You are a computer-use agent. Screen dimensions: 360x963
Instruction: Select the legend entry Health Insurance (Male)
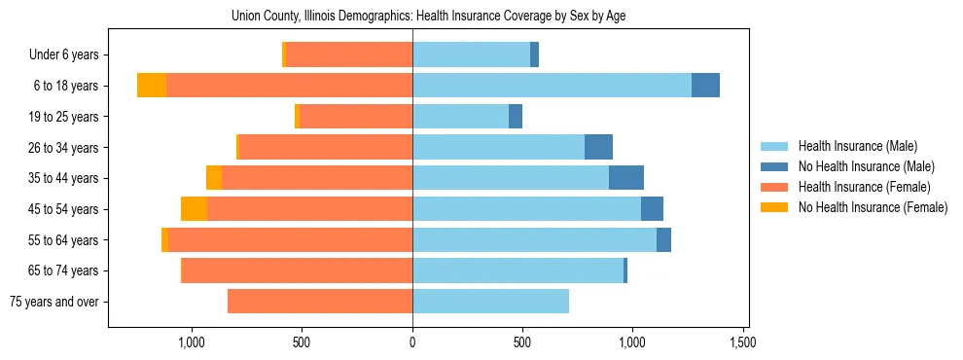[857, 146]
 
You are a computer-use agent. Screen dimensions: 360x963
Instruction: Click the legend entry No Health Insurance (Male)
[866, 166]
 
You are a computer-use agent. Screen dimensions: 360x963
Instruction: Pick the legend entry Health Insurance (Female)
[864, 187]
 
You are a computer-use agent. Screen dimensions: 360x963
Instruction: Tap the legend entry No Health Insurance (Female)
[873, 207]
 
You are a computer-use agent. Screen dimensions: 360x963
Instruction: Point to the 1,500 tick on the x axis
[743, 342]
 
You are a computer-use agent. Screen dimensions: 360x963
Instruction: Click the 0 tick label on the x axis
[412, 342]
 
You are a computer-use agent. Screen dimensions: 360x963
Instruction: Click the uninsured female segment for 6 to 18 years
[152, 86]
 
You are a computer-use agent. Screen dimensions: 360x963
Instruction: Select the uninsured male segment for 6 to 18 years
[705, 86]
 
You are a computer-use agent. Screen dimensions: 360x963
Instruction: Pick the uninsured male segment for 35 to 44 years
[626, 178]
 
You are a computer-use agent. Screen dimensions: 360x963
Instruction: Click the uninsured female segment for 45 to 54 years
[194, 209]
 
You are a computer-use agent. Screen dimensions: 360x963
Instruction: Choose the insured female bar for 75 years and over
[320, 302]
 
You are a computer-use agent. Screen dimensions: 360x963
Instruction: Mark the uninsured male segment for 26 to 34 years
[598, 147]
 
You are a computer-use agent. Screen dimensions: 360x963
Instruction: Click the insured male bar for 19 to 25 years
[460, 117]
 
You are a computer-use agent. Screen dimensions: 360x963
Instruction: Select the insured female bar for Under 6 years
[349, 55]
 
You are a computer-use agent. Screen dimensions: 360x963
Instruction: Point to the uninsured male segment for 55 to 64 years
[663, 240]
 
